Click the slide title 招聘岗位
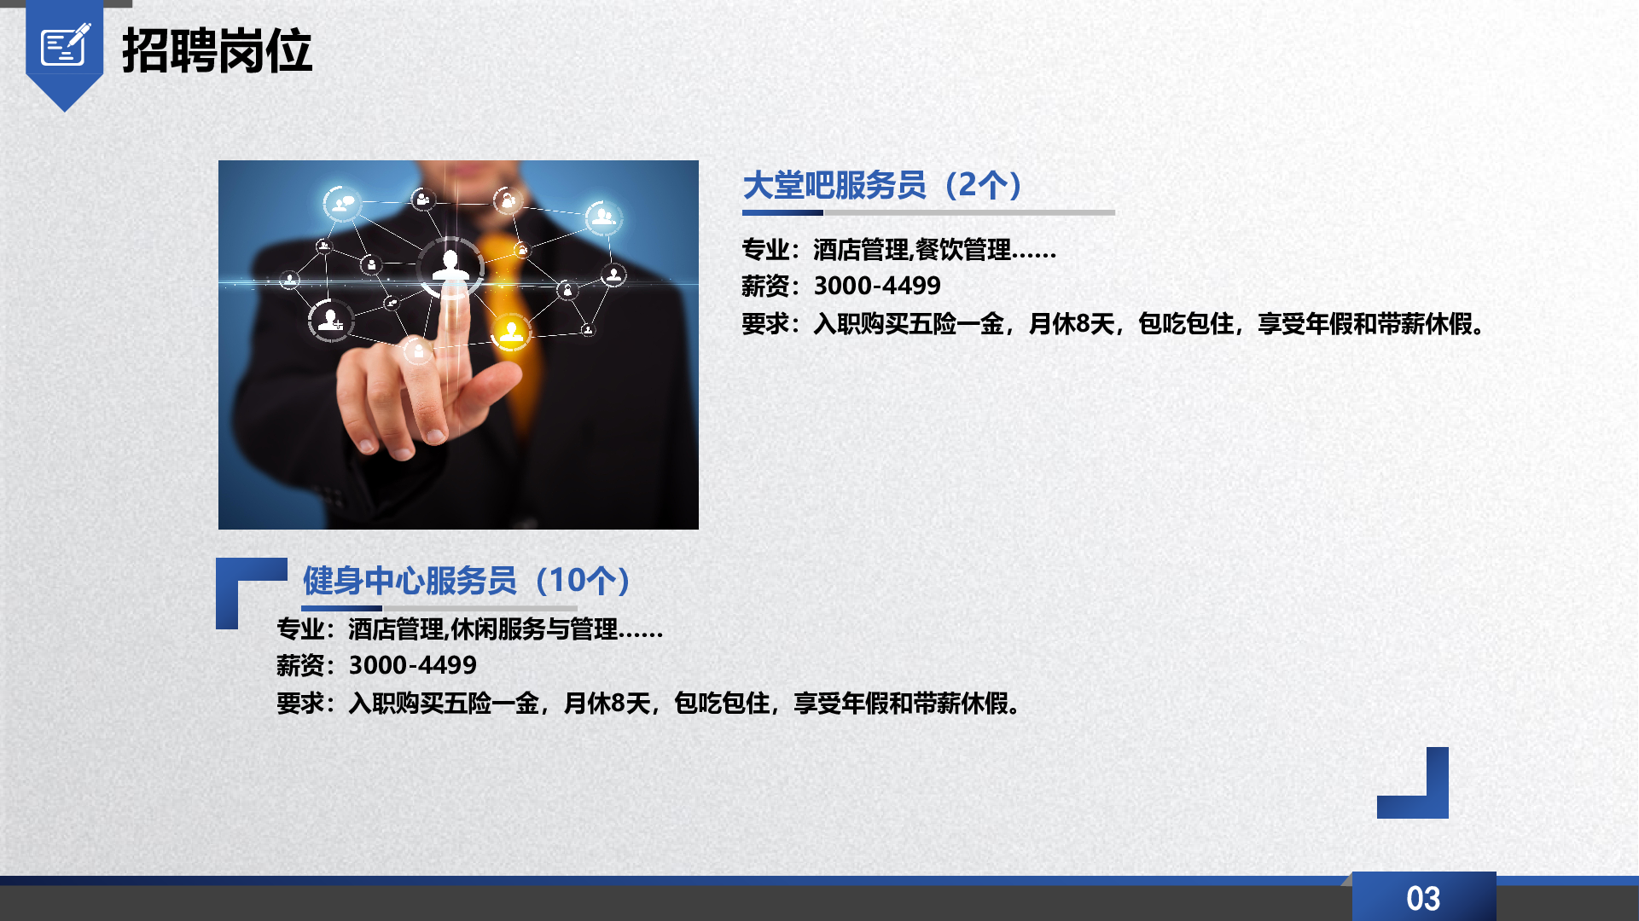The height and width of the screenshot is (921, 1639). tap(218, 50)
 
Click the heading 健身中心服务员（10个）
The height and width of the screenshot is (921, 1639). tap(468, 581)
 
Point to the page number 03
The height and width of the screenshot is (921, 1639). tap(1423, 899)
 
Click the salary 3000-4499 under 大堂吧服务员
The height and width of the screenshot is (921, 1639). tap(877, 286)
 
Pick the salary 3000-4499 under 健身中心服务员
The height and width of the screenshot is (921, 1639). tap(413, 665)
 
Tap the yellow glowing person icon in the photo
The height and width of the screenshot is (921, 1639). tap(511, 332)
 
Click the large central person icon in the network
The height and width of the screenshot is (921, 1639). tap(450, 267)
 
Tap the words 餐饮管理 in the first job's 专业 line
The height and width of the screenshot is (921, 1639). tap(963, 250)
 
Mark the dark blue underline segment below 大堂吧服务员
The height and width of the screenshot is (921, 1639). tap(782, 212)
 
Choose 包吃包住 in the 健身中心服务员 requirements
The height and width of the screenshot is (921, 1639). tap(722, 704)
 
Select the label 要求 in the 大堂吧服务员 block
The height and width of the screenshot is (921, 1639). tap(765, 324)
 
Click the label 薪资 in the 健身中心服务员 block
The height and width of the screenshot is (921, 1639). tap(300, 665)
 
